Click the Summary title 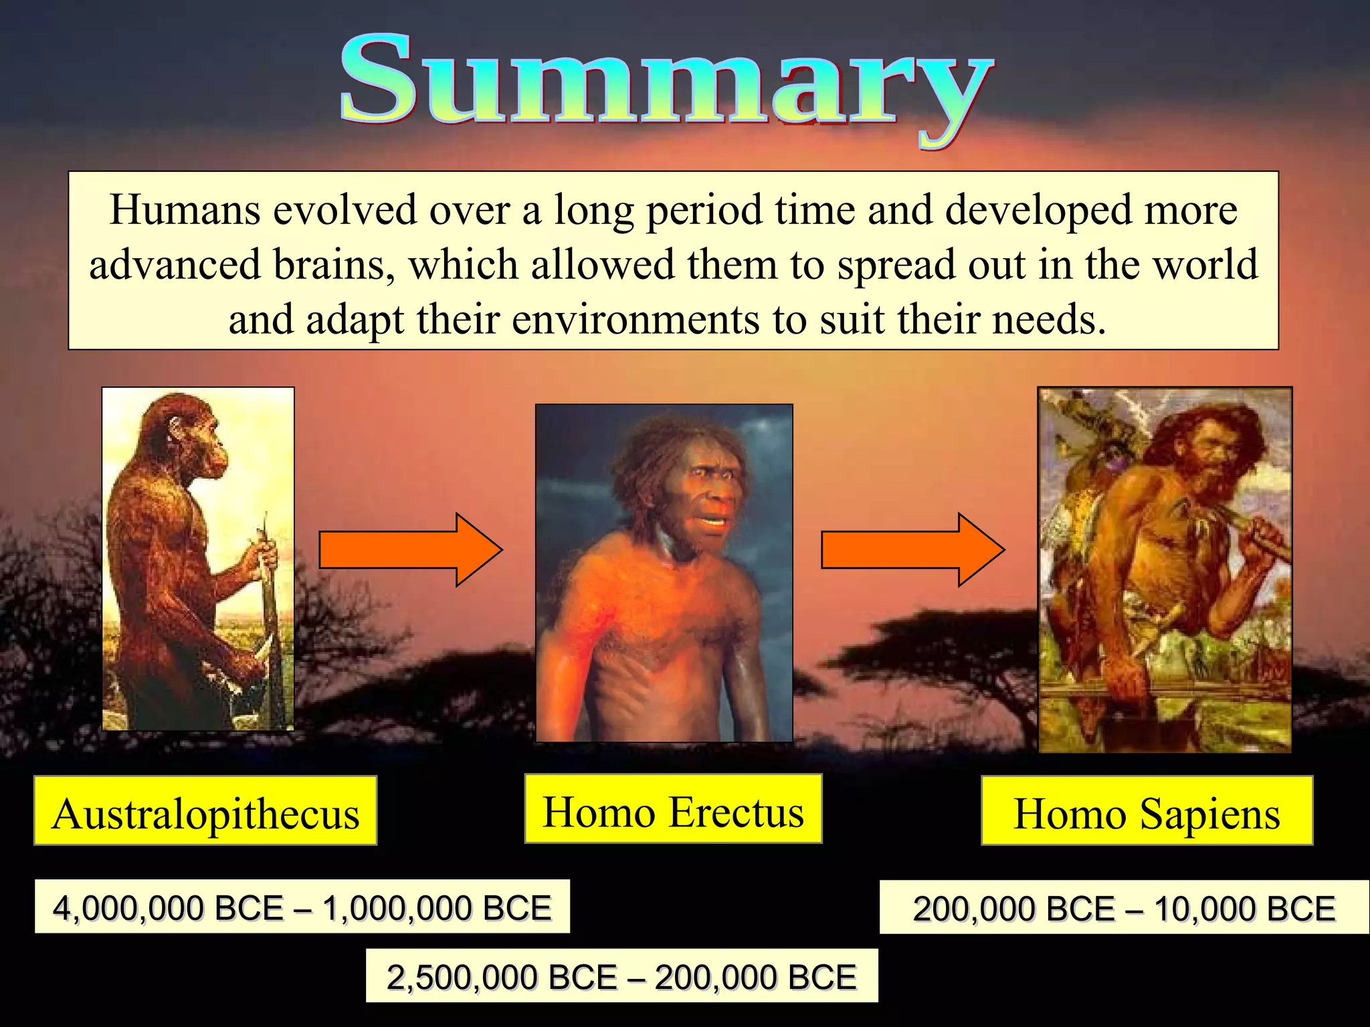pos(666,84)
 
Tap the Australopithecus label pos(205,814)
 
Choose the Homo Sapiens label pos(1147,814)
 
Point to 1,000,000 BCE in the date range pos(437,909)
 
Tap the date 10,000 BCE pos(1244,909)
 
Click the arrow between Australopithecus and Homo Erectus pos(410,550)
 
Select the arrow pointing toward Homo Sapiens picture pos(912,550)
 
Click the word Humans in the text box pos(185,210)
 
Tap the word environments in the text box pos(635,320)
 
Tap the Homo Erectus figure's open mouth pos(713,520)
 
